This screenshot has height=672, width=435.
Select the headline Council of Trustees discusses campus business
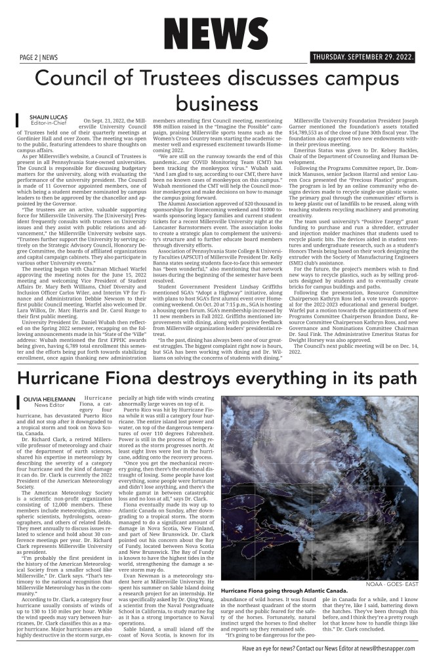click(217, 91)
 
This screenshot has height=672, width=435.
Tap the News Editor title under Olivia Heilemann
click(50, 406)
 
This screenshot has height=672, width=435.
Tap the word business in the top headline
click(217, 104)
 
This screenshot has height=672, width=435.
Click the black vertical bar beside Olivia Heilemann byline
click(18, 402)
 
